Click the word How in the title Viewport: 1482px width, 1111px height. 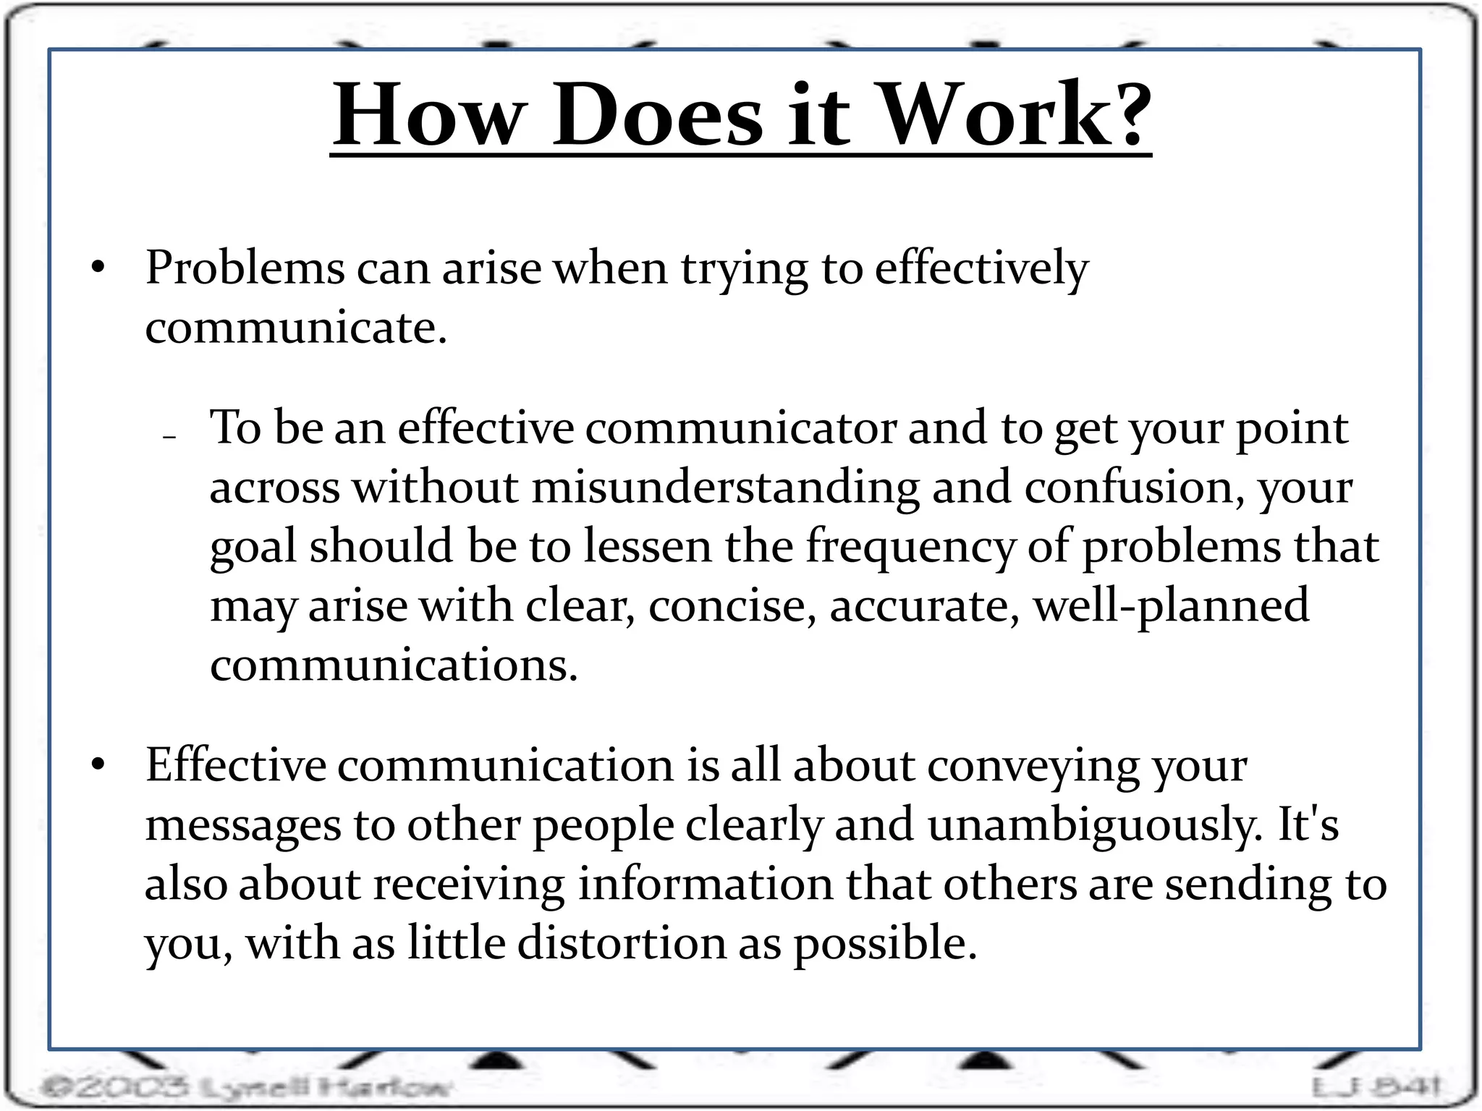(x=427, y=116)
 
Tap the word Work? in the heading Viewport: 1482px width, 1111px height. (x=1016, y=116)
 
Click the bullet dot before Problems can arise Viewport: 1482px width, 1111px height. (x=98, y=268)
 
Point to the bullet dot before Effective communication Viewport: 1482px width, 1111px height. (x=98, y=765)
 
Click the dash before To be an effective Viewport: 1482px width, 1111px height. (x=170, y=438)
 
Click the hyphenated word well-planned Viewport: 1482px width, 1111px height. (x=1171, y=606)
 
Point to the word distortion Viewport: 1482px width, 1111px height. (x=622, y=943)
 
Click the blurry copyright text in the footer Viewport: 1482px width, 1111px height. (x=246, y=1086)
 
